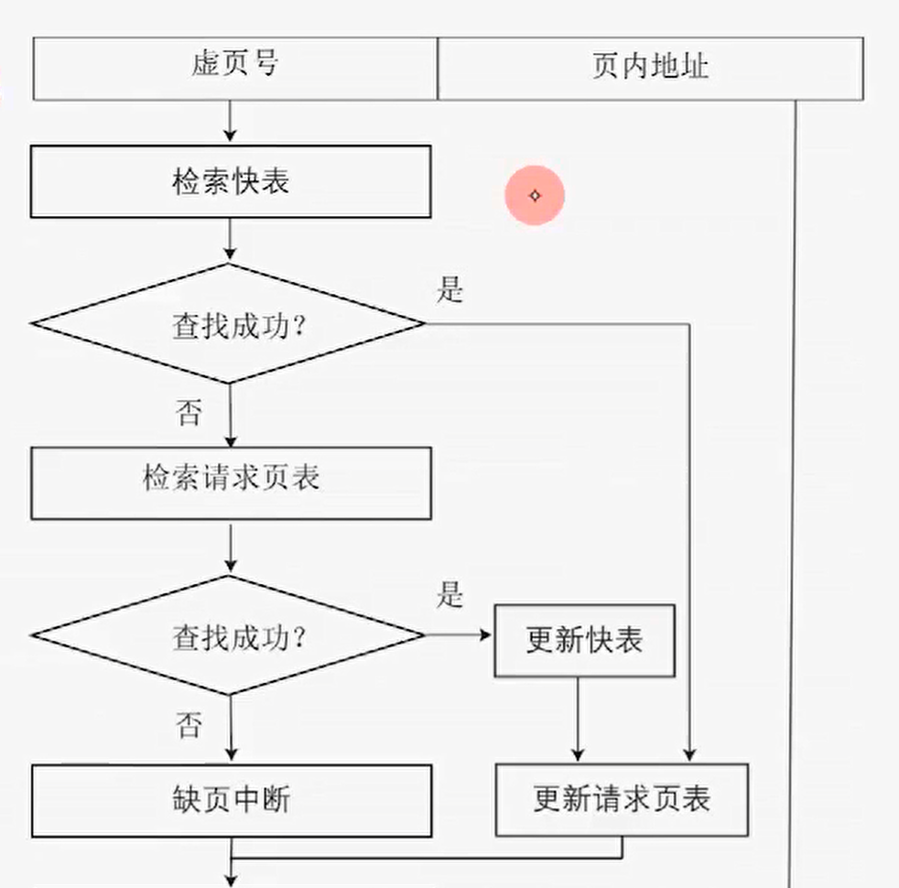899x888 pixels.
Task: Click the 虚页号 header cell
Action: click(234, 67)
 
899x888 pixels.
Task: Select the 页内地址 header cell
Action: click(650, 67)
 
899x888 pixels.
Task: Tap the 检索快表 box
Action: click(231, 182)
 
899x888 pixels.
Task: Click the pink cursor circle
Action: click(536, 195)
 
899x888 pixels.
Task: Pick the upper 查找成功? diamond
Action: click(229, 323)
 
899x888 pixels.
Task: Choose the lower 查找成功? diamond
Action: click(229, 635)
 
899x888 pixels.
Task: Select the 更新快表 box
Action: click(584, 640)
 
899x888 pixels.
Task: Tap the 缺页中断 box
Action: click(231, 801)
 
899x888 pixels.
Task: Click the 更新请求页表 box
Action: click(622, 799)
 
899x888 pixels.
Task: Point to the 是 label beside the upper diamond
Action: click(449, 290)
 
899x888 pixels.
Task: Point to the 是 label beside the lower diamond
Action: click(449, 595)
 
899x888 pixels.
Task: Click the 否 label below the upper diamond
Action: click(189, 413)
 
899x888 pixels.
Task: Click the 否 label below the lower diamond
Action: click(189, 726)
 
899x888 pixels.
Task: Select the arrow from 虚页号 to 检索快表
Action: click(230, 122)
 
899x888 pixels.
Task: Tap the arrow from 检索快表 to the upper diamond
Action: click(230, 240)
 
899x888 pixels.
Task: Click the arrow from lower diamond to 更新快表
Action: click(459, 634)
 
